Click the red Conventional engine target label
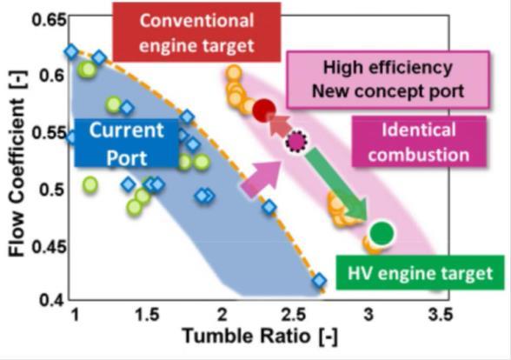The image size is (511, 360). [196, 32]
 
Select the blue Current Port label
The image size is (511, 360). [127, 143]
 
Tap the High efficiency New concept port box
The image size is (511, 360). [388, 79]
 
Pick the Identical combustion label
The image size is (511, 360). [419, 142]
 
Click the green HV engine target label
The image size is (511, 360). [420, 273]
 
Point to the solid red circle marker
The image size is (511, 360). [264, 110]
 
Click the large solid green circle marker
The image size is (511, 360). [382, 233]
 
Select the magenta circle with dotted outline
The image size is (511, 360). [296, 142]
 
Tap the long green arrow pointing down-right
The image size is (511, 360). [337, 184]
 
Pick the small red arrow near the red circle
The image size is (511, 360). [279, 124]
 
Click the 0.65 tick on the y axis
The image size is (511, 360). [50, 20]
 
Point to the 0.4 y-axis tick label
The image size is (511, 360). [51, 300]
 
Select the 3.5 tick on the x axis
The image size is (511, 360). [441, 315]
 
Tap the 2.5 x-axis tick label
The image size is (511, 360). [294, 315]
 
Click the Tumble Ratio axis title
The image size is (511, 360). [260, 336]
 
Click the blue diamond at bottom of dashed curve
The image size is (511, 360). [319, 280]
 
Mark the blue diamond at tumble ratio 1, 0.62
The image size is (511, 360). [71, 51]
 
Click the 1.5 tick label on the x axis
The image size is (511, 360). [148, 315]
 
